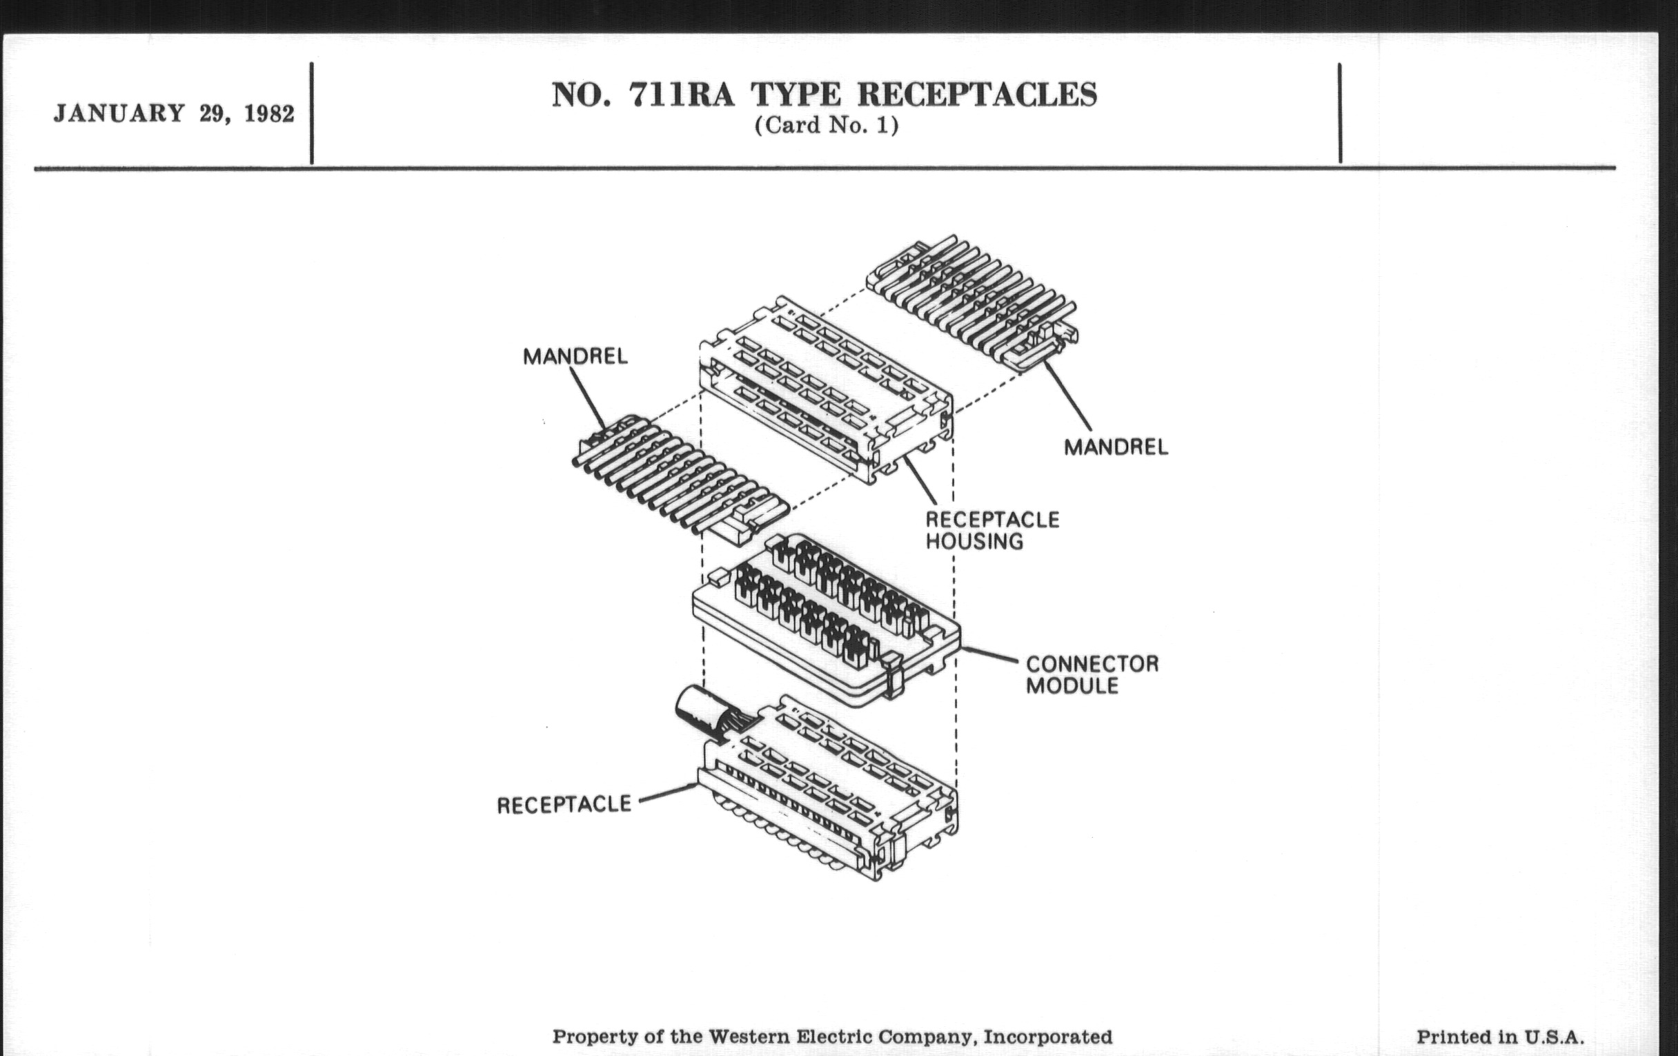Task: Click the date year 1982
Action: (x=269, y=114)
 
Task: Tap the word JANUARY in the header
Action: (x=119, y=114)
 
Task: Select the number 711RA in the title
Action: (x=682, y=95)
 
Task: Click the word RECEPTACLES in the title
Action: (x=976, y=95)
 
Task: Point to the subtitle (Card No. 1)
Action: (x=827, y=126)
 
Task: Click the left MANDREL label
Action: (x=575, y=357)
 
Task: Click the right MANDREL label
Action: (x=1116, y=447)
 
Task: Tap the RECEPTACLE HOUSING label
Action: (x=991, y=531)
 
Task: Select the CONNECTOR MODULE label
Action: (x=1092, y=674)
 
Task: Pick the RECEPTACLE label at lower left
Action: (x=564, y=805)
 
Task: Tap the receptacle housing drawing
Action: (x=826, y=391)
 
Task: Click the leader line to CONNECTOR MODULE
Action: (x=989, y=655)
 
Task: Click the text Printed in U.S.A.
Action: (x=1500, y=1037)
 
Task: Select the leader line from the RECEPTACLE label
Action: (x=668, y=792)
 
